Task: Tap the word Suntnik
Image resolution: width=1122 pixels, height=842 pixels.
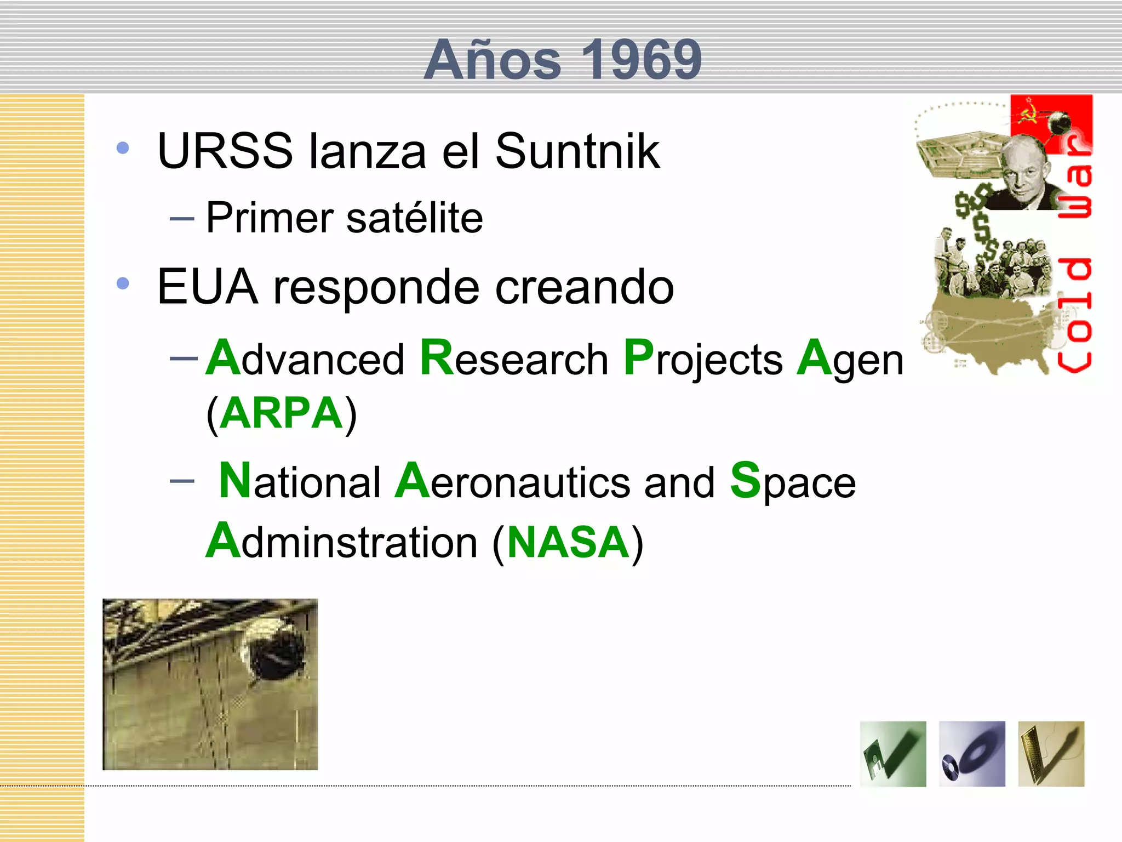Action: [x=577, y=151]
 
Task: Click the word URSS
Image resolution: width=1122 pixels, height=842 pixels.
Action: [x=225, y=151]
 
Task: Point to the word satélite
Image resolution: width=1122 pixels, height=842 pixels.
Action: [x=415, y=218]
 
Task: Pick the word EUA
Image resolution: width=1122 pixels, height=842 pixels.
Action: [x=207, y=287]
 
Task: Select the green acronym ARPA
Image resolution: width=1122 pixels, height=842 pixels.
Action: [x=282, y=413]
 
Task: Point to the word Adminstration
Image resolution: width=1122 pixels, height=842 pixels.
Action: [x=342, y=542]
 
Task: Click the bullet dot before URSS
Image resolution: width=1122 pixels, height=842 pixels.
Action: [x=123, y=148]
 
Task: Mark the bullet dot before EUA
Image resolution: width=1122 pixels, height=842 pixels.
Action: [x=123, y=283]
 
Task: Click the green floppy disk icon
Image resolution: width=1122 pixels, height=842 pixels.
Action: [x=893, y=754]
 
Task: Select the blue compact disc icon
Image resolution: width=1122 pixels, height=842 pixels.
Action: [x=972, y=754]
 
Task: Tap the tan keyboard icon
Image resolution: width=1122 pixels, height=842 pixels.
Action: [x=1051, y=754]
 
